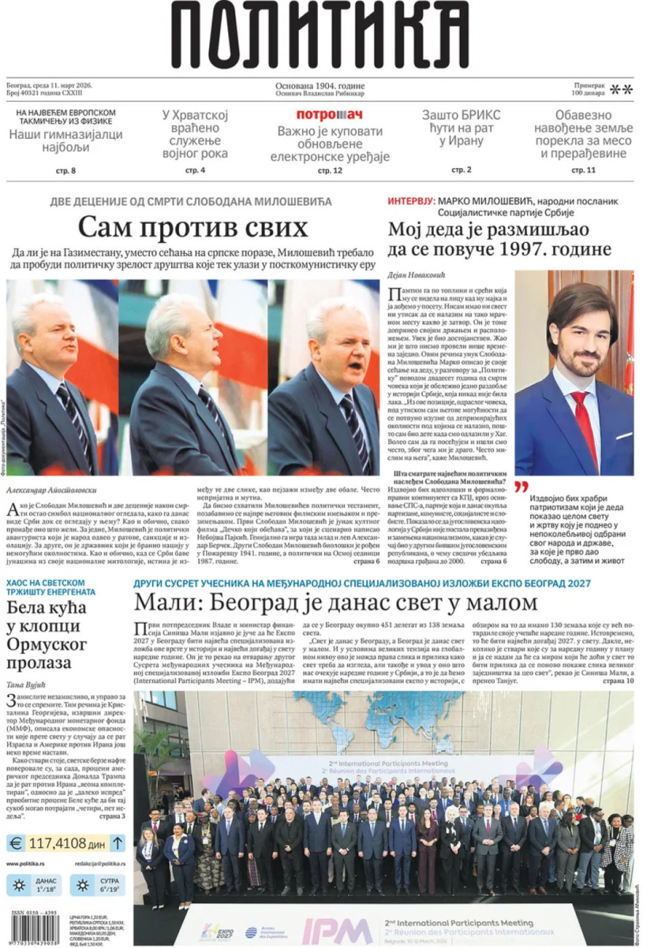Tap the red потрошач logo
click(329, 115)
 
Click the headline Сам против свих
click(192, 228)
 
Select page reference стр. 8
click(66, 171)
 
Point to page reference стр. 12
click(330, 171)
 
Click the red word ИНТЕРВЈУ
click(411, 200)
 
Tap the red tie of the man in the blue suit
click(581, 424)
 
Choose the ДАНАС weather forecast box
click(34, 887)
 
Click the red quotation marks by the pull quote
click(521, 486)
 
